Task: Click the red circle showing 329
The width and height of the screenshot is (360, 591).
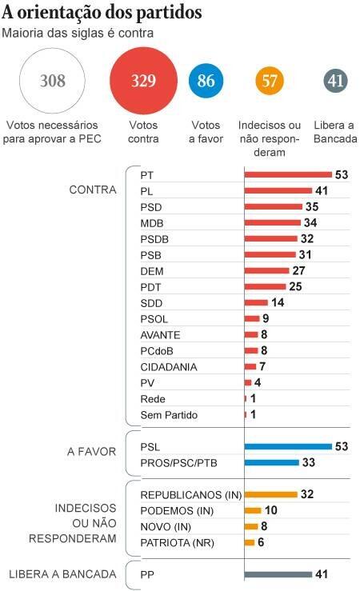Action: pos(144,81)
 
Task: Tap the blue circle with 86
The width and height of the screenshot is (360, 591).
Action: pos(206,81)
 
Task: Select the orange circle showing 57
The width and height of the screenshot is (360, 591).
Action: pos(269,81)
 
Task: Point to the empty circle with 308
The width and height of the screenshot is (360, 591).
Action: pos(52,81)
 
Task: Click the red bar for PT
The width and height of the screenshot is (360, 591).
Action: pos(288,174)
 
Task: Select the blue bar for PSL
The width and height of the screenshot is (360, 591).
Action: pos(288,446)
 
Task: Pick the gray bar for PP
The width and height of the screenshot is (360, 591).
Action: pos(278,574)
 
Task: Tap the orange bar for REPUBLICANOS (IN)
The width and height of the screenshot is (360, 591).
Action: pos(270,494)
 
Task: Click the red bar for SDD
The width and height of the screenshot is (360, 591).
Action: pos(256,302)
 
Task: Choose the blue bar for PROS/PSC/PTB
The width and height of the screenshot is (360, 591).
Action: pos(271,462)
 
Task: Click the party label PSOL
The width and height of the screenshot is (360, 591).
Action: pos(154,319)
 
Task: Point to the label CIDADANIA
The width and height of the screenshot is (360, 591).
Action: pos(169,367)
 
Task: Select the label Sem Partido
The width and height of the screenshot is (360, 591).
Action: pos(169,415)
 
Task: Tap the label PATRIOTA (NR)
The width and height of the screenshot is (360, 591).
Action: pos(177,543)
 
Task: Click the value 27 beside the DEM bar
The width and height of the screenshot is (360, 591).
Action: pos(298,270)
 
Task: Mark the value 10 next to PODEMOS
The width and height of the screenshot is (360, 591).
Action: pos(270,510)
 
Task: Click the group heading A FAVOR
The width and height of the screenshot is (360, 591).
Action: pos(92,452)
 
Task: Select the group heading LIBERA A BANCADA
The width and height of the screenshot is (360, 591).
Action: pos(62,574)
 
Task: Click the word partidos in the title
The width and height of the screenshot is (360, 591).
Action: pos(169,13)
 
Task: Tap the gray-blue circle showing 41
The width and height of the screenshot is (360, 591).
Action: pos(335,81)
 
